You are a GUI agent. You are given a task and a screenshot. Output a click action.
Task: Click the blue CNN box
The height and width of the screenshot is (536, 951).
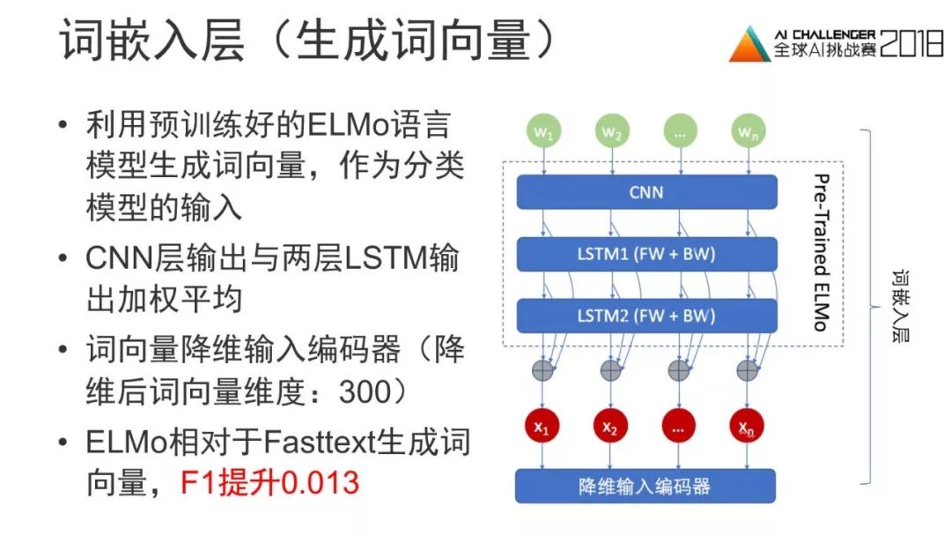[x=646, y=191]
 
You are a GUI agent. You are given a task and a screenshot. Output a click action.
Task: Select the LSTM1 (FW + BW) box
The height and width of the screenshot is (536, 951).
[x=646, y=254]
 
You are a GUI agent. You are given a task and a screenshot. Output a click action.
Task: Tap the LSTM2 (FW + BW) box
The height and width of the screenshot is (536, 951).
[x=646, y=315]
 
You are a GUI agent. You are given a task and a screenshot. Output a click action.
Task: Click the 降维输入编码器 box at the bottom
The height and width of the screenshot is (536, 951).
[x=645, y=486]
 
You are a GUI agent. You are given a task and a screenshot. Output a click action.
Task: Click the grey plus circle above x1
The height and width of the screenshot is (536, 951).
[x=543, y=369]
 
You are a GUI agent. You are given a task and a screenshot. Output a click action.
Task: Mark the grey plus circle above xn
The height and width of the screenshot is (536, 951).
[x=747, y=369]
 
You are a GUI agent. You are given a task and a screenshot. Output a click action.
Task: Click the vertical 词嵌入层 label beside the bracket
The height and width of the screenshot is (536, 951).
[x=899, y=307]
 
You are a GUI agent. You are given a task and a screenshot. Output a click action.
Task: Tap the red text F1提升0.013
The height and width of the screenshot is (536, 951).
[x=270, y=483]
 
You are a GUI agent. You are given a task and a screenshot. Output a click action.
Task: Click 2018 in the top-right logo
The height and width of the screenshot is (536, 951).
[x=911, y=44]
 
